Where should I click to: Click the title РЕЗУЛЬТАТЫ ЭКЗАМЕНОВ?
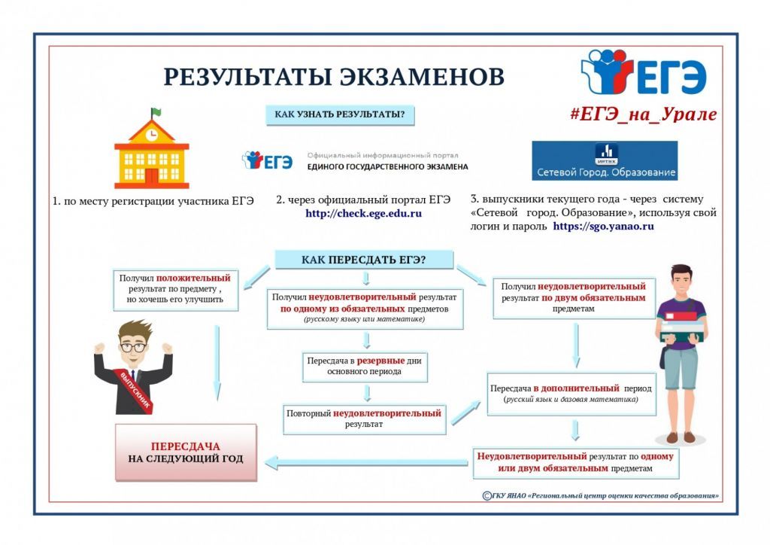point(334,78)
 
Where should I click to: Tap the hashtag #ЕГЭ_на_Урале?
point(643,114)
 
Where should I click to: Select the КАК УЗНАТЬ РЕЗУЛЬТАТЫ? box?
point(340,115)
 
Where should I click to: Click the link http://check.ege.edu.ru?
point(363,214)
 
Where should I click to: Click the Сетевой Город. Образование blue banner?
point(605,161)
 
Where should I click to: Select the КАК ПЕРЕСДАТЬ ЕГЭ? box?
point(364,260)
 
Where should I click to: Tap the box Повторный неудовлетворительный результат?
point(365,419)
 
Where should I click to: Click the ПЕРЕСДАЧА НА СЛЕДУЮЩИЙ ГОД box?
point(186,452)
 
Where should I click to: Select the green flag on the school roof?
point(156,112)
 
